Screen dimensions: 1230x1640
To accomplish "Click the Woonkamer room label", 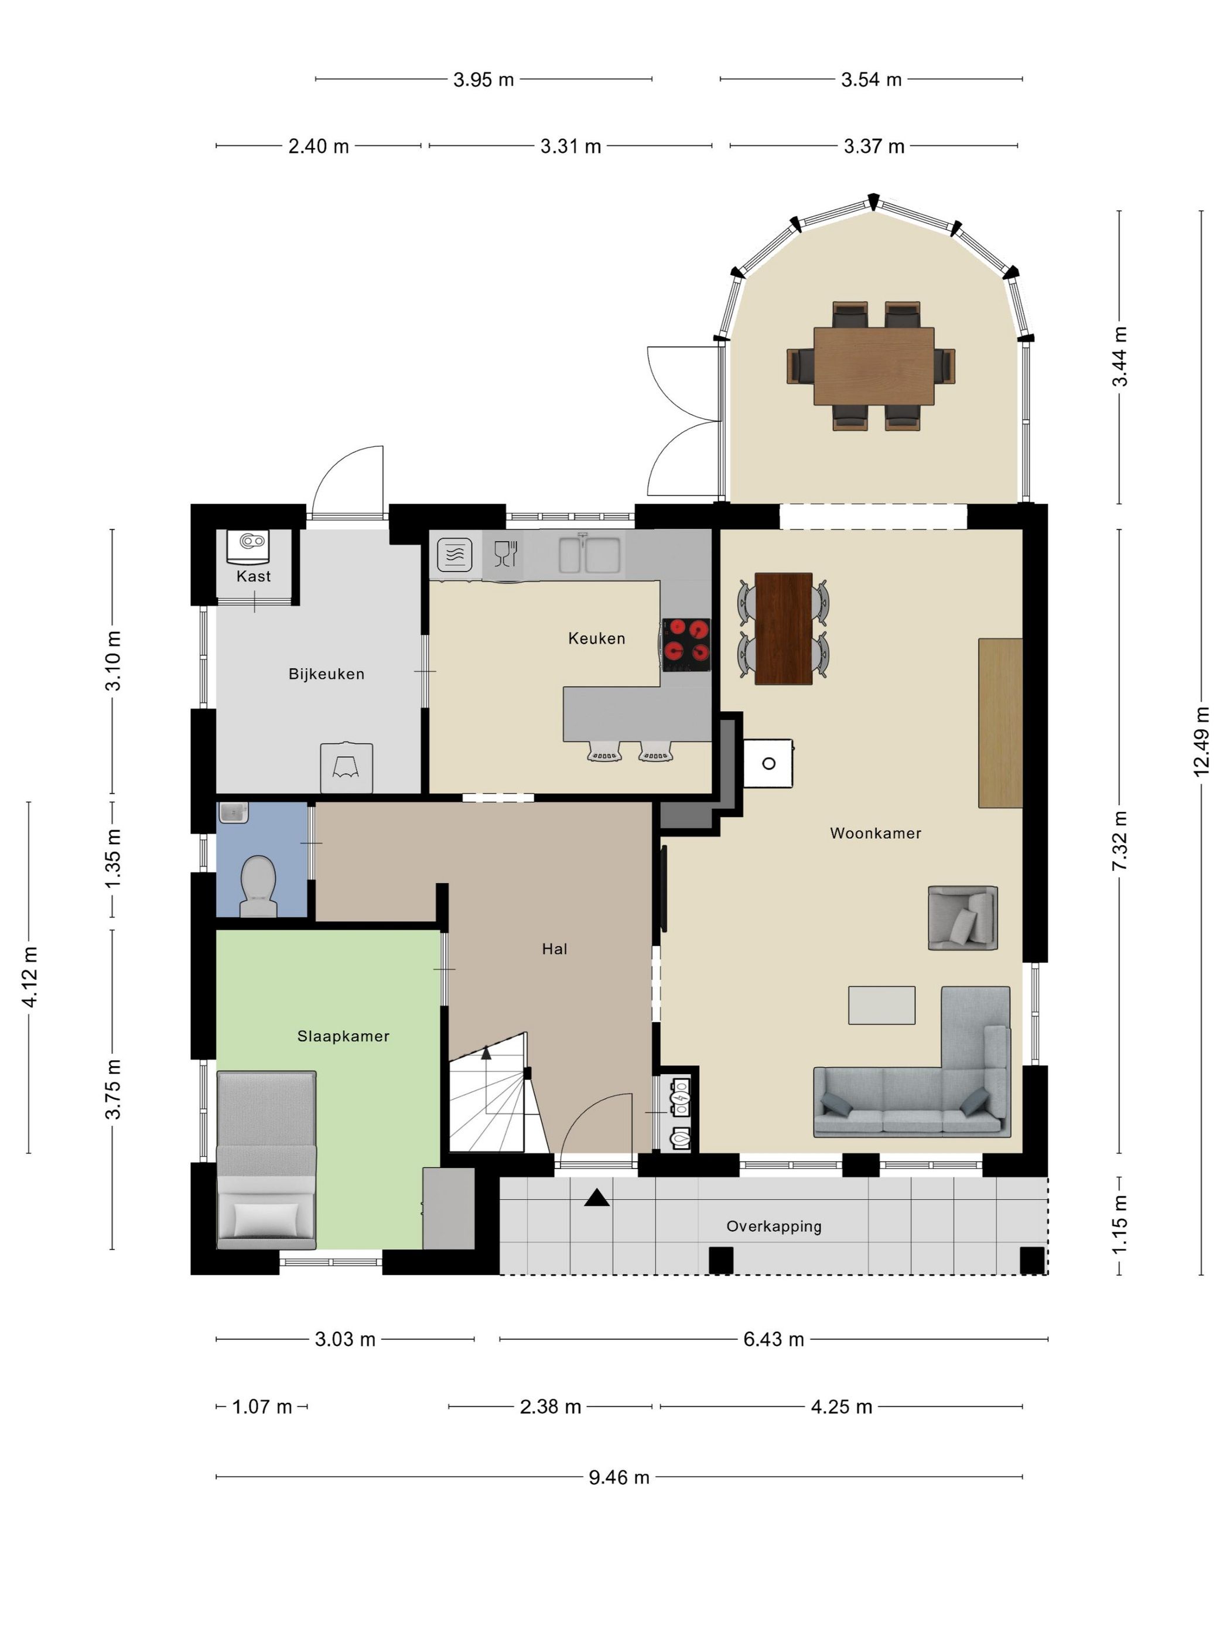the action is (875, 833).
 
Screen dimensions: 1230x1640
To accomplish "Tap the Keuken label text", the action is (596, 638).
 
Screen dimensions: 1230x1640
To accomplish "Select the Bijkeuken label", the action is (326, 674).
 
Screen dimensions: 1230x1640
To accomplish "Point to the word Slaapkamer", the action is (343, 1037).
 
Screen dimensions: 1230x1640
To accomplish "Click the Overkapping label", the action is (774, 1226).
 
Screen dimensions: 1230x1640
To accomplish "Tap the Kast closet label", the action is (254, 576).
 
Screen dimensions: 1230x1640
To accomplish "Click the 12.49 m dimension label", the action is (1201, 742).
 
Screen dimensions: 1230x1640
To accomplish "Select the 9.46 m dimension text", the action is (619, 1478).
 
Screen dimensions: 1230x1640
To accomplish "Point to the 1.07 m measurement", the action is (262, 1406).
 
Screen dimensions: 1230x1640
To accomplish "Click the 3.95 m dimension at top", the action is (483, 79).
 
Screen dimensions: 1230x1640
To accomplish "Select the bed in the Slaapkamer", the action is (266, 1160).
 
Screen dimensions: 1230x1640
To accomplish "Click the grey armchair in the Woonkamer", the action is (962, 918).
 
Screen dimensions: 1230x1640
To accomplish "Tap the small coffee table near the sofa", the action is (881, 1004).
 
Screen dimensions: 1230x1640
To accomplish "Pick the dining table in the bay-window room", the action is (873, 365).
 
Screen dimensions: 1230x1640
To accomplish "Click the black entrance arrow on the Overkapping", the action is (597, 1197).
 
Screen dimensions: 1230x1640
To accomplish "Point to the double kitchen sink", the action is (589, 555).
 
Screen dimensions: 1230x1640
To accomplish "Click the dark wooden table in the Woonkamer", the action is (784, 628).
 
